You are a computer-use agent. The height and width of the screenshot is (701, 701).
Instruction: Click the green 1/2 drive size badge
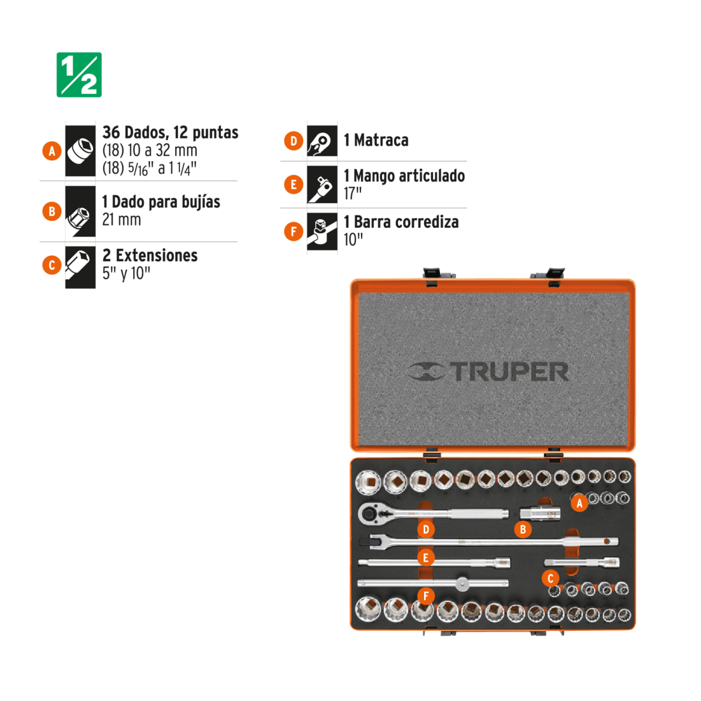79,75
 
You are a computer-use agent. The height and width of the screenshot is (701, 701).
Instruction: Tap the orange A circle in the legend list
52,151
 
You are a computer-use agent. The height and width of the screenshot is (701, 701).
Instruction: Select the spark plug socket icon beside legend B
80,211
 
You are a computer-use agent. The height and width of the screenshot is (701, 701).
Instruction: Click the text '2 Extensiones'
150,255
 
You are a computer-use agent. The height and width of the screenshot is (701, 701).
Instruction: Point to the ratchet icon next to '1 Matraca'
322,141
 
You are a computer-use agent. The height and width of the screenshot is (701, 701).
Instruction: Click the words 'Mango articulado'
410,176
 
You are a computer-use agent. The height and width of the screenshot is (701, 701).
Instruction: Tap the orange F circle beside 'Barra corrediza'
294,231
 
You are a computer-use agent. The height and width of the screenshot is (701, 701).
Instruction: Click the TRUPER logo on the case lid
488,372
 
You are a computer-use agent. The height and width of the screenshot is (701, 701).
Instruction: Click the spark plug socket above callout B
540,514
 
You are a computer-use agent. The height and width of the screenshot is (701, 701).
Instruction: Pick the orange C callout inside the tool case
550,578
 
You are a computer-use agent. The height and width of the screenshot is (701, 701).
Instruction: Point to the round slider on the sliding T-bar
462,584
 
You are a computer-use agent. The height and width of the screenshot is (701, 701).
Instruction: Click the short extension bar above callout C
582,563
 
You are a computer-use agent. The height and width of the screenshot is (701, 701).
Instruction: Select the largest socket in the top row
368,483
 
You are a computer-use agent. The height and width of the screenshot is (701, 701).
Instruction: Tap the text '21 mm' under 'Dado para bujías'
122,220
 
